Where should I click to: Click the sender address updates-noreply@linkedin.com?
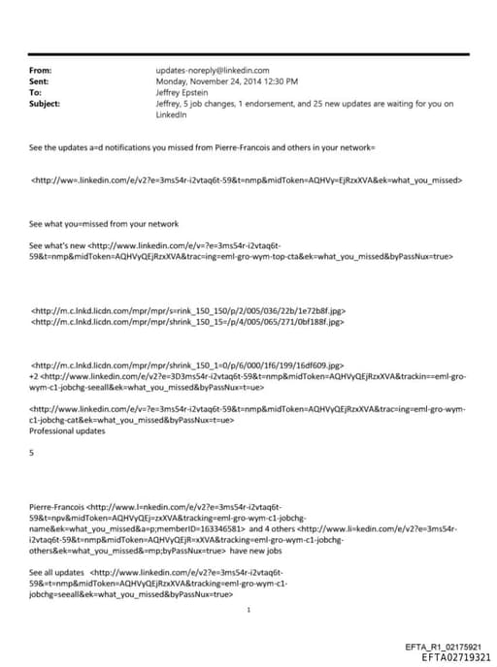pyautogui.click(x=211, y=71)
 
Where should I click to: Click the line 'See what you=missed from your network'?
pyautogui.click(x=105, y=223)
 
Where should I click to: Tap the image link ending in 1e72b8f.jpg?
pyautogui.click(x=188, y=310)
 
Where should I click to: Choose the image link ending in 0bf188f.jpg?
pyautogui.click(x=188, y=322)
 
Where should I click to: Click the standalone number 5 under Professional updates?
pyautogui.click(x=32, y=452)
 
